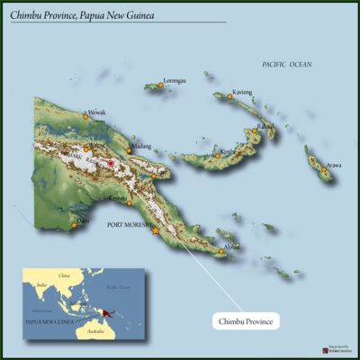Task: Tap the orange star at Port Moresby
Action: coord(156,231)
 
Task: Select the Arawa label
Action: coord(333,166)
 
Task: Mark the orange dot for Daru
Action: coord(75,225)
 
